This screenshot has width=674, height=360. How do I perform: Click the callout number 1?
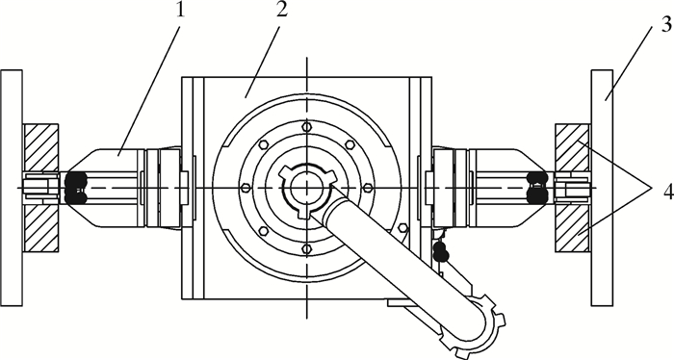[x=181, y=9]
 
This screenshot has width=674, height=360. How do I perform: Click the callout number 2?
[x=281, y=9]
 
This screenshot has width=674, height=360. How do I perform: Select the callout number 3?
[x=666, y=24]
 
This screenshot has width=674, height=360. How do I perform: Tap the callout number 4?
[x=668, y=193]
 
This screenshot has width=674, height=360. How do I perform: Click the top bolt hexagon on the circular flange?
[x=306, y=127]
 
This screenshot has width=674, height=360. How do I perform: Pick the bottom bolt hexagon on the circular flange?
[x=306, y=248]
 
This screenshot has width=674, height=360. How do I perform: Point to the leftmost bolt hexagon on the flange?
[x=246, y=188]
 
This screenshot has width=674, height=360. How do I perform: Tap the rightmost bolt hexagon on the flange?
[x=368, y=188]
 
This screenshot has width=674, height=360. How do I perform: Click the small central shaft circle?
[x=306, y=188]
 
